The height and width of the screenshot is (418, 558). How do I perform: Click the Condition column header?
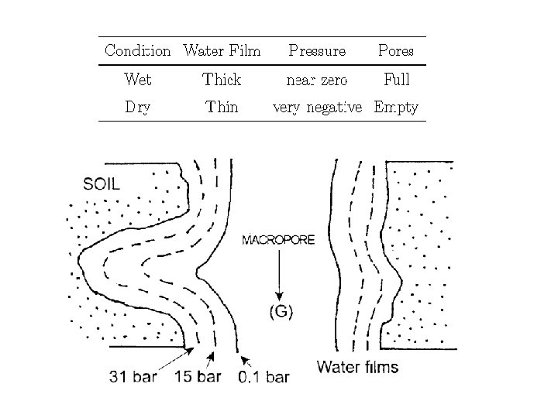(x=137, y=51)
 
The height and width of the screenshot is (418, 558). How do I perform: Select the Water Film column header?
(x=222, y=51)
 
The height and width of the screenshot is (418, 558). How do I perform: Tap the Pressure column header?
(x=317, y=51)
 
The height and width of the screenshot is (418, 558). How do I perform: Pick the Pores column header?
(x=395, y=51)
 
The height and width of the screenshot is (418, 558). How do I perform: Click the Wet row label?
(x=137, y=79)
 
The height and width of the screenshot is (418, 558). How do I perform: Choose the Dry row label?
(x=137, y=108)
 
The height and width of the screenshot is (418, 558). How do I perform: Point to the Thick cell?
(x=222, y=79)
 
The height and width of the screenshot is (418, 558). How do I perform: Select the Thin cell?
(x=222, y=108)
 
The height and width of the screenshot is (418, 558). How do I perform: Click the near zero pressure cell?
(x=317, y=79)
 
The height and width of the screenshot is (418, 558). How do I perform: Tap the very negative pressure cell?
(x=317, y=108)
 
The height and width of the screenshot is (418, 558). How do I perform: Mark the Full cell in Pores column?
(x=396, y=79)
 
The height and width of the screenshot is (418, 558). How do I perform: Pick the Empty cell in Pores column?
(x=396, y=108)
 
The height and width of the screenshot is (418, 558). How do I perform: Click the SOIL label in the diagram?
(x=102, y=184)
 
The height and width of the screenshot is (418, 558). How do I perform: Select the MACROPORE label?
(x=278, y=240)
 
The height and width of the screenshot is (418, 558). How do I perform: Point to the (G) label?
(x=281, y=311)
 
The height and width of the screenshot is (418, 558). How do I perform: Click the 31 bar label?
(x=134, y=377)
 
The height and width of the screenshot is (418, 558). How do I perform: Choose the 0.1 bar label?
(x=263, y=377)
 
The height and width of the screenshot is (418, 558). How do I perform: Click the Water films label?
(x=358, y=366)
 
